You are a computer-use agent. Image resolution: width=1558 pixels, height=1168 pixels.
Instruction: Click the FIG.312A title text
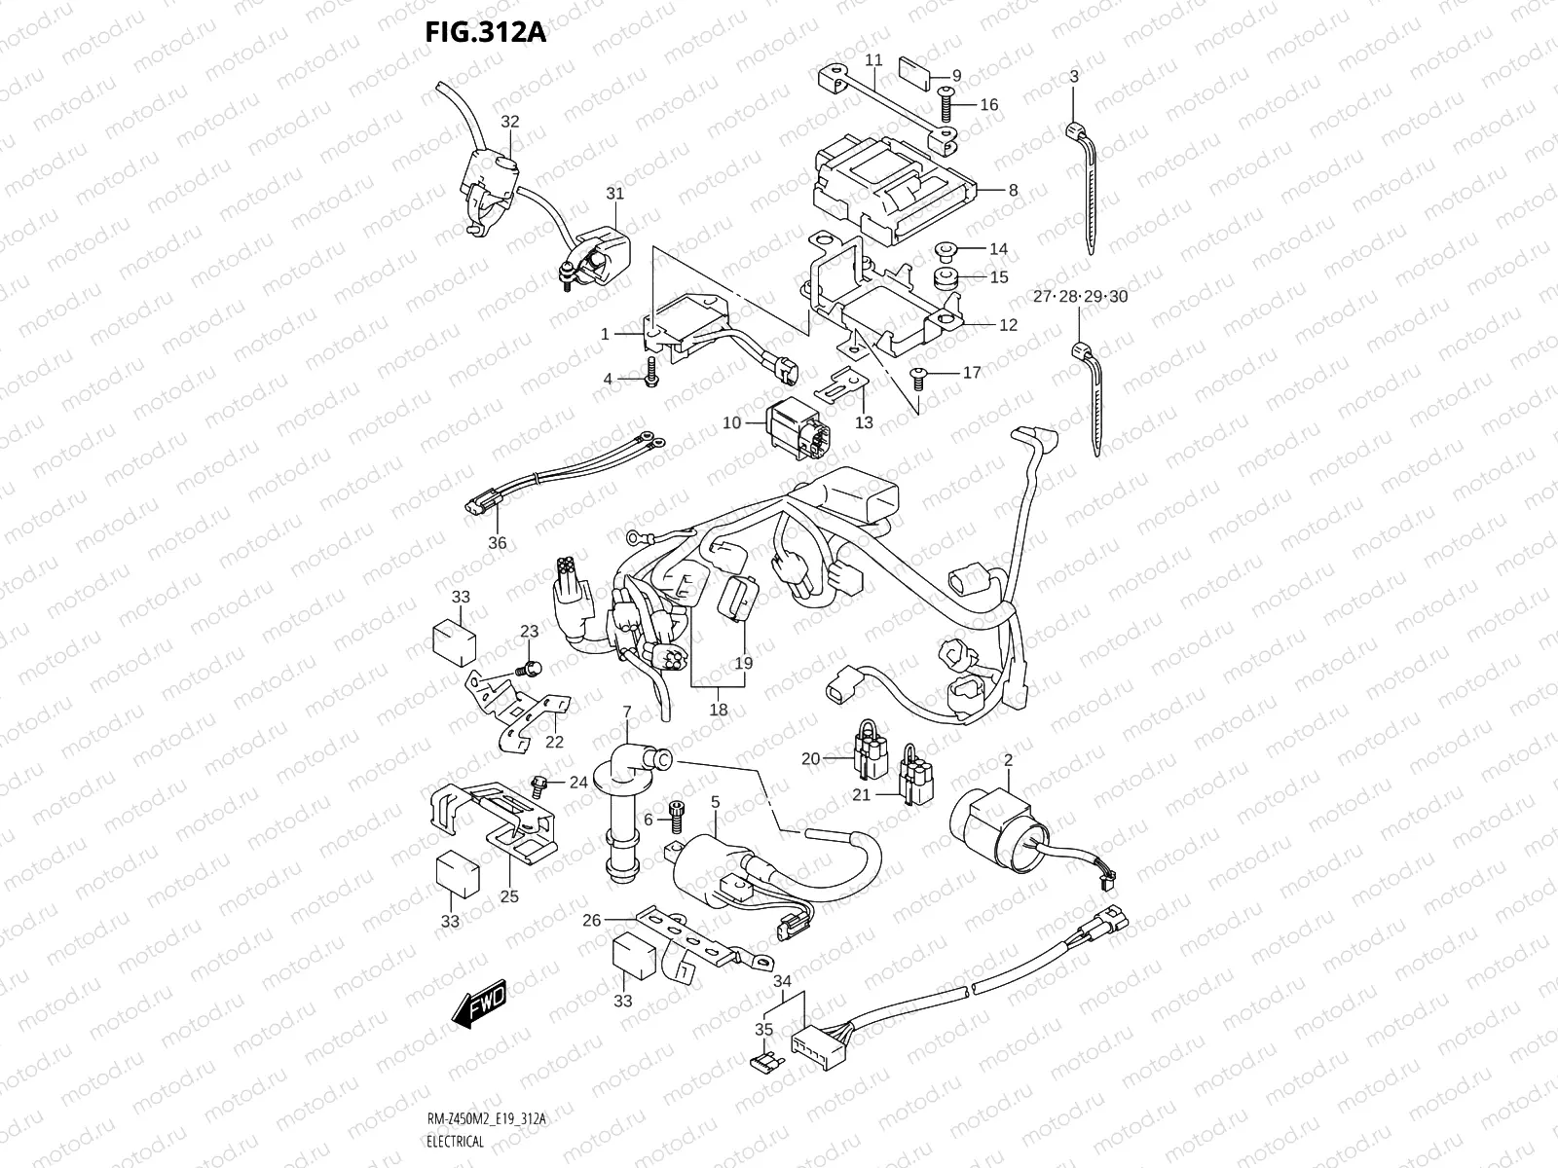point(485,33)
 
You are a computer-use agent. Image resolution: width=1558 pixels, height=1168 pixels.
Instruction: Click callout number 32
point(509,122)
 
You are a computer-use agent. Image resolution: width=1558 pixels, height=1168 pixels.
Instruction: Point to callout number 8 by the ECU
point(1013,191)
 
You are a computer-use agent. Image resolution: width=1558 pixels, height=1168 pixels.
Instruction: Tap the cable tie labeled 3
point(1086,185)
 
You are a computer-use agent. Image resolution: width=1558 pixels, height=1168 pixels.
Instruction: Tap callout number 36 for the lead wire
point(497,542)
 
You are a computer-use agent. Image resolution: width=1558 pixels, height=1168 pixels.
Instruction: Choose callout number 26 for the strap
point(592,919)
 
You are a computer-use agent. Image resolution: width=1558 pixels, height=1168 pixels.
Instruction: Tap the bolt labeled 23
point(531,668)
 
